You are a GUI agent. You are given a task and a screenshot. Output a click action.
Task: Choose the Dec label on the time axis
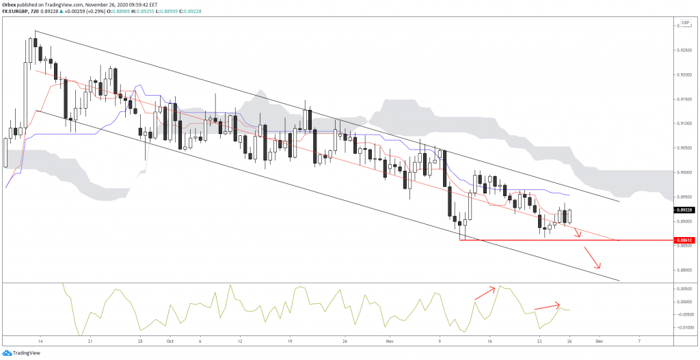point(599,340)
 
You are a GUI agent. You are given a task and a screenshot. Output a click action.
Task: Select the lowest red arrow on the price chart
point(592,258)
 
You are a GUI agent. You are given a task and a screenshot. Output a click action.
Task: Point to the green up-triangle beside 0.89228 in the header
point(62,12)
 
